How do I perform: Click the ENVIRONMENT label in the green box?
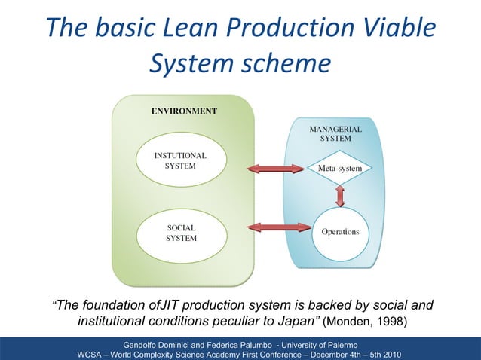[x=184, y=111]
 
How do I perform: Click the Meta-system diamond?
[x=339, y=168]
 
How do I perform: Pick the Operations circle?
[x=340, y=231]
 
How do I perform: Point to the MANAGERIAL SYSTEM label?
[x=335, y=134]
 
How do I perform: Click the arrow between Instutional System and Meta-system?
[x=274, y=168]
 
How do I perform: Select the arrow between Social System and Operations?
[x=274, y=226]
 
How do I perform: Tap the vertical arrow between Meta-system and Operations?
[x=340, y=196]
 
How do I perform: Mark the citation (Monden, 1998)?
[x=366, y=323]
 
